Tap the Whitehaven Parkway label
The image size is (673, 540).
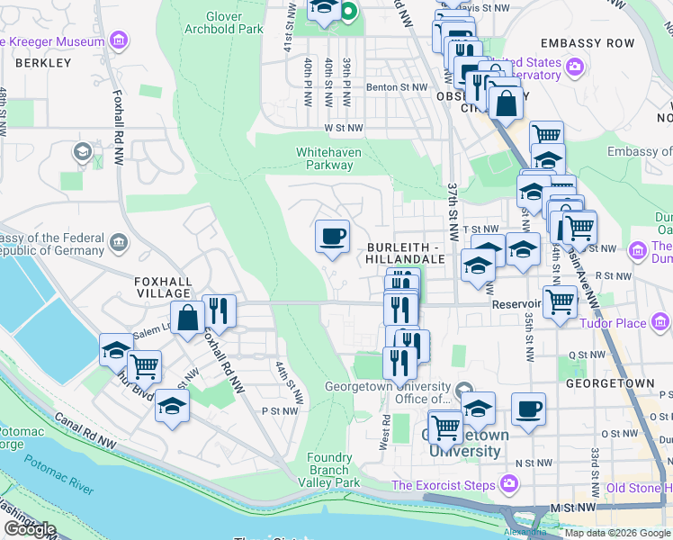point(328,158)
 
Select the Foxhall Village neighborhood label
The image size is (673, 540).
point(163,286)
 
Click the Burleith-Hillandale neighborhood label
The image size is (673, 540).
point(405,252)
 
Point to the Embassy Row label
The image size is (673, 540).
point(588,43)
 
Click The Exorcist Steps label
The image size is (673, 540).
point(444,486)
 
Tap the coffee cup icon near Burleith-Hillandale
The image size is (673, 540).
point(332,236)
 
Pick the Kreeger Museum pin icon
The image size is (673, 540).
point(118,41)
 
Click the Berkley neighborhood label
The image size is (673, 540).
point(43,63)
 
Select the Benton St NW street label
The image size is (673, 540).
point(395,87)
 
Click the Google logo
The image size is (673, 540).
point(30,529)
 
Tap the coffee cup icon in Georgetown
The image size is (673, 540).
point(528,409)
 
